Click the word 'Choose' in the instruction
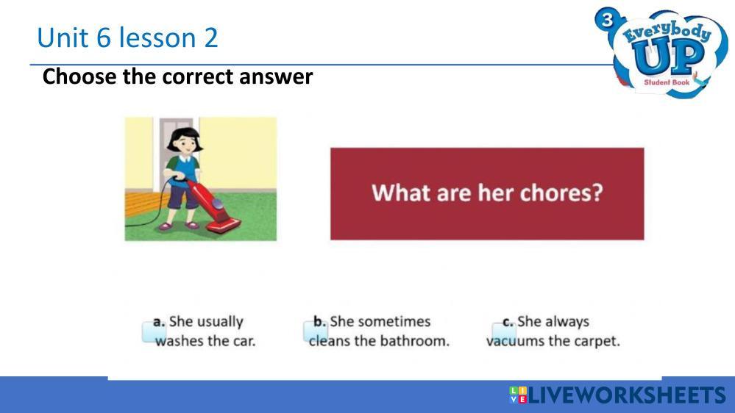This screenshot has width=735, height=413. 79,76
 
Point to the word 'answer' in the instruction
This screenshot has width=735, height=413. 276,76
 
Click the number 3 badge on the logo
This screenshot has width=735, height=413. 607,20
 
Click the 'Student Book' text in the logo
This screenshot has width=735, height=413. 667,82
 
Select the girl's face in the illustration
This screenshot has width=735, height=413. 185,143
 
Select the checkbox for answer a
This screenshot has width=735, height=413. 154,332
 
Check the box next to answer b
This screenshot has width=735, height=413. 315,332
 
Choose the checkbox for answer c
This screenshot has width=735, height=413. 504,333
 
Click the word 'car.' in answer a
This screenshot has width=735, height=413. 244,342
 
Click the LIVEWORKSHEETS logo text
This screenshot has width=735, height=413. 617,395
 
